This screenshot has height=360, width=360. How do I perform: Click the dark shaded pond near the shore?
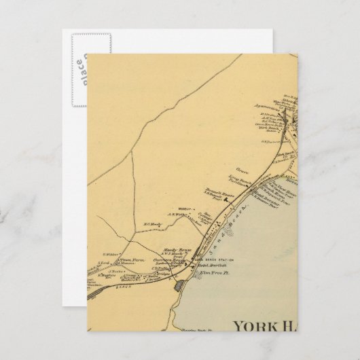click(x=180, y=288)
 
